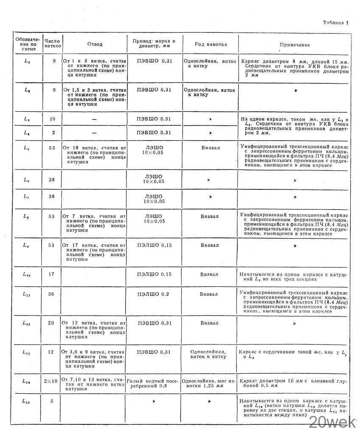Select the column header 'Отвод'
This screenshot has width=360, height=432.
[95, 44]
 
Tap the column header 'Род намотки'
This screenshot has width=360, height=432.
[211, 44]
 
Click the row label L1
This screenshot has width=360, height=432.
[28, 62]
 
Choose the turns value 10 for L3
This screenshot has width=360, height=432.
[52, 119]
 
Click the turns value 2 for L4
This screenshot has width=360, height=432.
[53, 133]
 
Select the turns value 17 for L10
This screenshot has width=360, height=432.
[51, 274]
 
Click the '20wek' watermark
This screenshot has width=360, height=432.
[333, 421]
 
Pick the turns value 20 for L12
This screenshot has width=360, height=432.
[51, 323]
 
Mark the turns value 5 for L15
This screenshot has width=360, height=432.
[52, 401]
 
